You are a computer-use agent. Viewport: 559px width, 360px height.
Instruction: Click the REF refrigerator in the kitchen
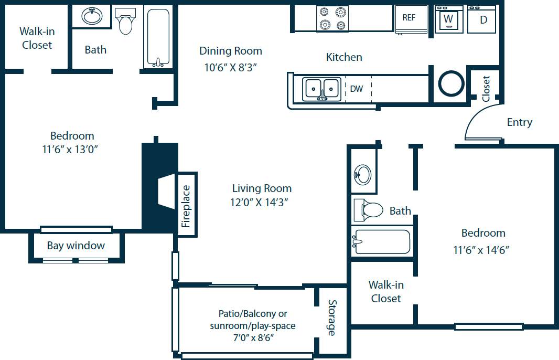pyautogui.click(x=409, y=18)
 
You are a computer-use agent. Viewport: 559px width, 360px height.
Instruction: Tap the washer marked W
pyautogui.click(x=448, y=19)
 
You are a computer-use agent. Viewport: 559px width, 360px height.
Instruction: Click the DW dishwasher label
pyautogui.click(x=357, y=89)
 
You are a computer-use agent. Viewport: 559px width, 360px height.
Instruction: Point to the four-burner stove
pyautogui.click(x=332, y=18)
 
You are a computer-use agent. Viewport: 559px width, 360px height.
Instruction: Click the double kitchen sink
pyautogui.click(x=322, y=89)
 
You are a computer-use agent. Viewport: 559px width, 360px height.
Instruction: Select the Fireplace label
pyautogui.click(x=186, y=206)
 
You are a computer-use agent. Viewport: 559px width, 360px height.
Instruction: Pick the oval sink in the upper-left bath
pyautogui.click(x=92, y=17)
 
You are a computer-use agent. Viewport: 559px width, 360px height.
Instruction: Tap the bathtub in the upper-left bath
pyautogui.click(x=157, y=38)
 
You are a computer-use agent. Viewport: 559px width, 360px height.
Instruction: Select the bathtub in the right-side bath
pyautogui.click(x=382, y=242)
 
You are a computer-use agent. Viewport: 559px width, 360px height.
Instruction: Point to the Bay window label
pyautogui.click(x=76, y=246)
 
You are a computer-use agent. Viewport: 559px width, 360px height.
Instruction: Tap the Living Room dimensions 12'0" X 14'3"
pyautogui.click(x=262, y=202)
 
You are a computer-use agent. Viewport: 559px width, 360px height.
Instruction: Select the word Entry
pyautogui.click(x=519, y=122)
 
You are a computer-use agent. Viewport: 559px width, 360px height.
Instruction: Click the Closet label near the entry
pyautogui.click(x=486, y=89)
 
